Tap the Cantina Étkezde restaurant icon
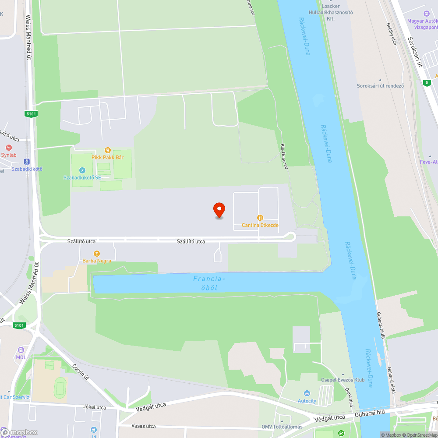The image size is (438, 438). point(260,218)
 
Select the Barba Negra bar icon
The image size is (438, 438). point(96,253)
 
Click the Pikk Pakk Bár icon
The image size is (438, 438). point(107,150)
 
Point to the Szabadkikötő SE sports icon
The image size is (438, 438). point(82,170)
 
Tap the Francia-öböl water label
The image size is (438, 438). point(209,283)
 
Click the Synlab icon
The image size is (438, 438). point(8,148)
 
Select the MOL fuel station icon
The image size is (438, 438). point(21,350)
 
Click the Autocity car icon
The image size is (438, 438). point(307,393)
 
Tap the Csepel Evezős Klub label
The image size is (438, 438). point(343,380)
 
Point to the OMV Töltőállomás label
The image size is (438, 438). point(282,427)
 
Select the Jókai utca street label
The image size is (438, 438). point(95,407)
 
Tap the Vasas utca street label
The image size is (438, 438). point(143,426)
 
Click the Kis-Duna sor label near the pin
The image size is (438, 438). point(284,156)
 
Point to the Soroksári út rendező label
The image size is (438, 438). point(380,85)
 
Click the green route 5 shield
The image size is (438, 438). point(427,82)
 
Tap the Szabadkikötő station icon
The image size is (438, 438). point(27,161)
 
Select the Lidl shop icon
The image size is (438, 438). point(93,430)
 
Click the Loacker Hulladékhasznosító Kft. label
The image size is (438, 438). point(337,12)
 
